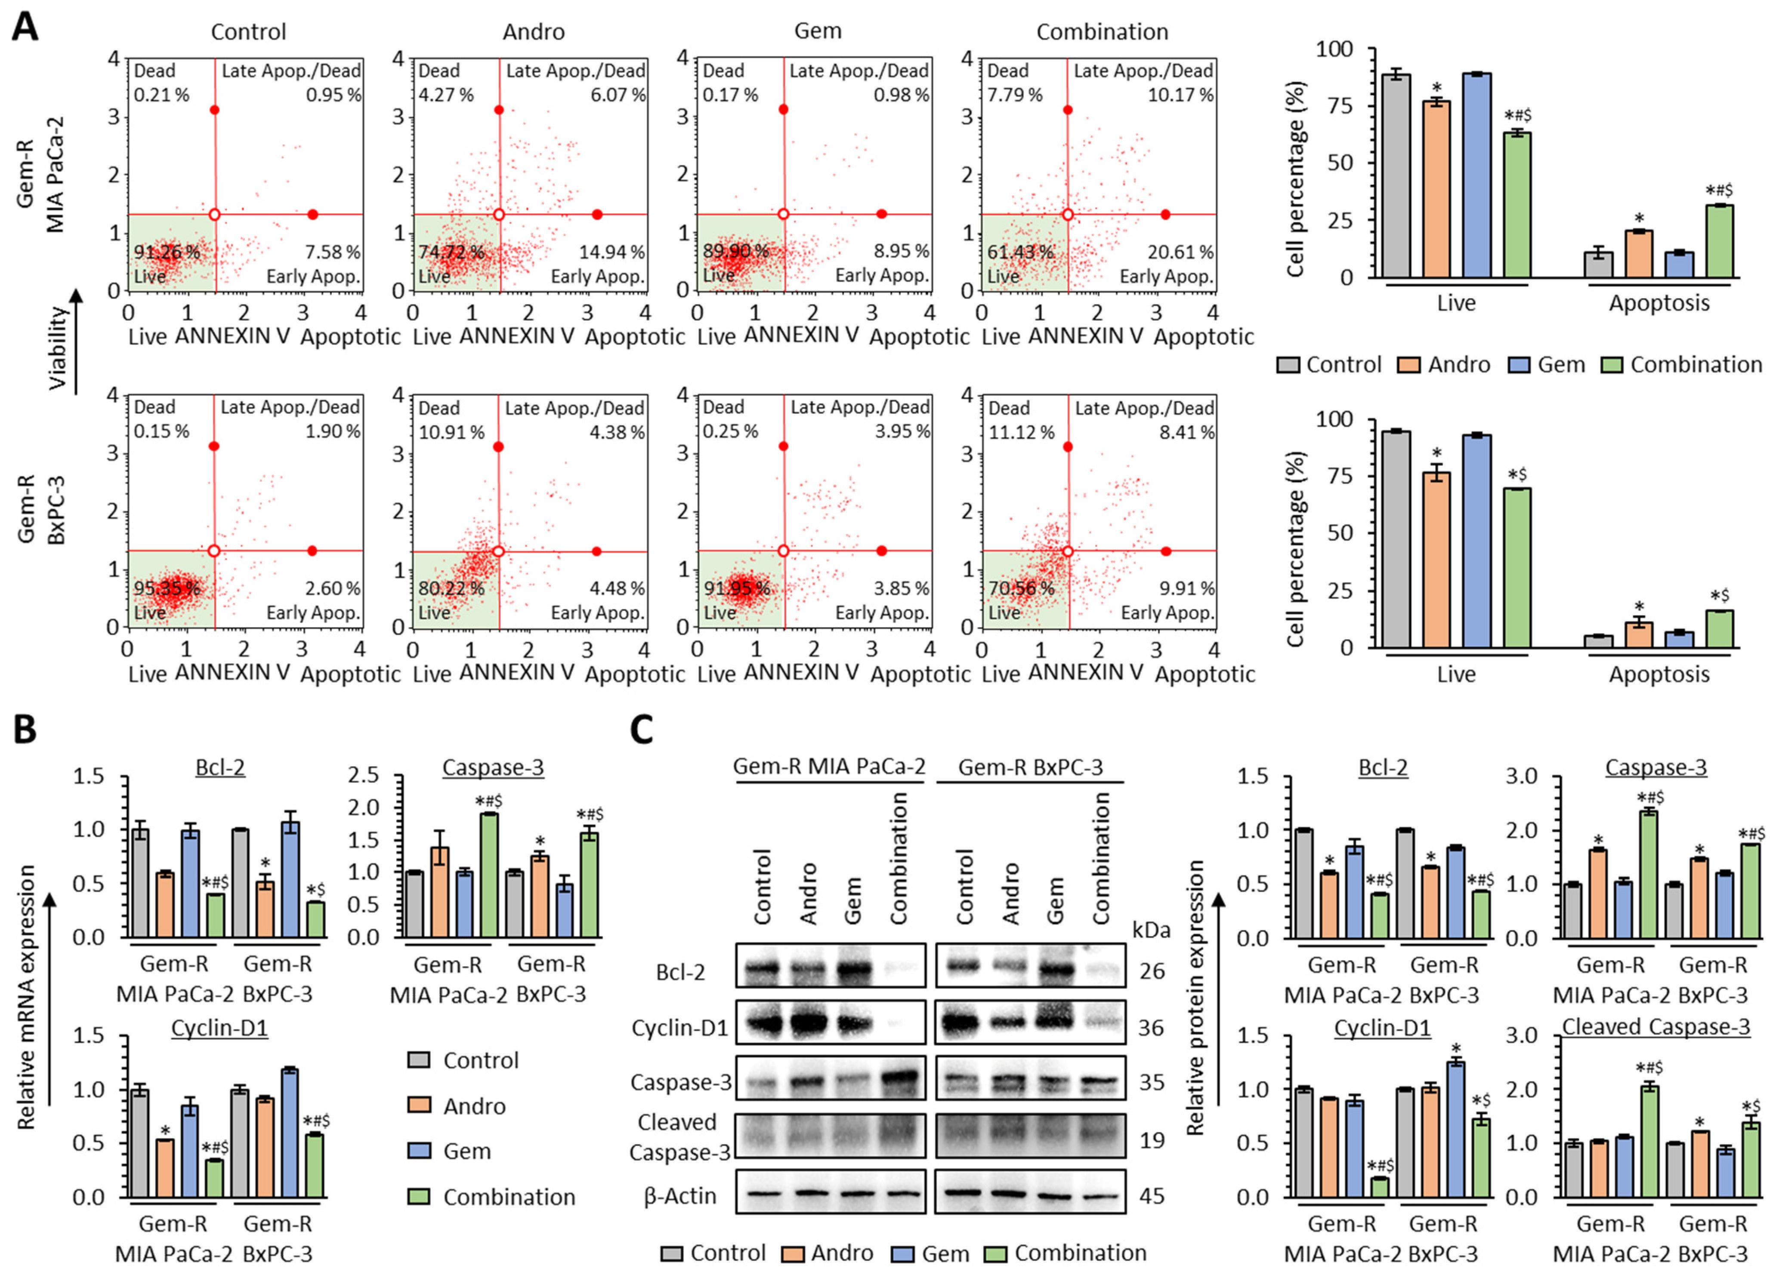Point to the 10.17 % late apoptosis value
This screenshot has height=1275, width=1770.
click(1181, 95)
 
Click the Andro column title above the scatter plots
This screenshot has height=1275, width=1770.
click(534, 32)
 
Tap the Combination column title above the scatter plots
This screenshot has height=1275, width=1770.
click(1102, 32)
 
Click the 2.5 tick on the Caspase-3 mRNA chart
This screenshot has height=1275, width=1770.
click(375, 776)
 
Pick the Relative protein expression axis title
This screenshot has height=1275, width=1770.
click(1195, 999)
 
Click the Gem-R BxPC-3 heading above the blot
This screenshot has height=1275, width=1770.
click(1030, 768)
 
